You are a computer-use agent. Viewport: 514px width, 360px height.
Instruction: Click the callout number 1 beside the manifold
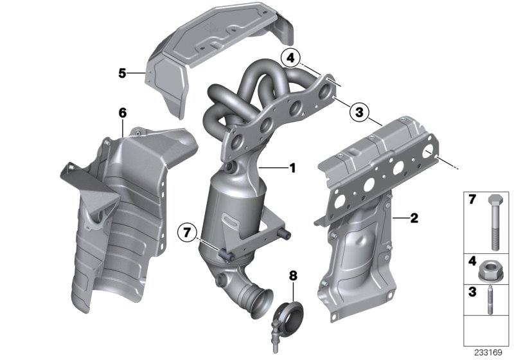tap(292, 169)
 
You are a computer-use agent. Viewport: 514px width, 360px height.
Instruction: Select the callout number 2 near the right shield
tap(414, 219)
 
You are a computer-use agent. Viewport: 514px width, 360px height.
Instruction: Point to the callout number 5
tap(122, 74)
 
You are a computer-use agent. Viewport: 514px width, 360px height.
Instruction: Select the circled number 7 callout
tap(186, 230)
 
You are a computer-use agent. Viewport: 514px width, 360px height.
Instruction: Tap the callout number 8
tap(294, 276)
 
